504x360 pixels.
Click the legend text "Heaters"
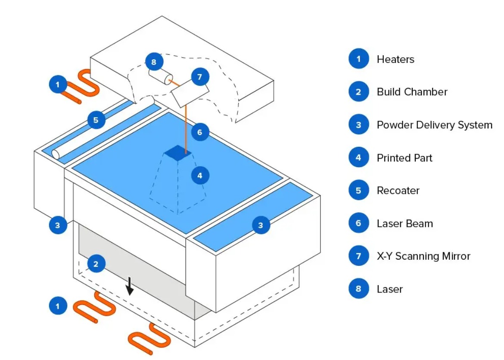[x=395, y=59]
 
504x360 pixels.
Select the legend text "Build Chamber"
[x=412, y=92]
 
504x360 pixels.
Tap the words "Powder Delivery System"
[x=434, y=125]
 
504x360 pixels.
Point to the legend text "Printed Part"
[x=404, y=158]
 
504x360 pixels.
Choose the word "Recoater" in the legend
[x=398, y=190]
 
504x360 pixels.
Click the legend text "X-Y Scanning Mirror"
[x=423, y=256]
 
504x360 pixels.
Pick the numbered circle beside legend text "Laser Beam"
[x=358, y=223]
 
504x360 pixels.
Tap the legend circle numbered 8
[x=358, y=289]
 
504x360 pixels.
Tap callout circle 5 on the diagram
[x=96, y=120]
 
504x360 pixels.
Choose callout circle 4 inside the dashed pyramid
[x=199, y=175]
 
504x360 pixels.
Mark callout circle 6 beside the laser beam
[x=199, y=132]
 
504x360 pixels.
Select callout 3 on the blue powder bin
[x=260, y=224]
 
